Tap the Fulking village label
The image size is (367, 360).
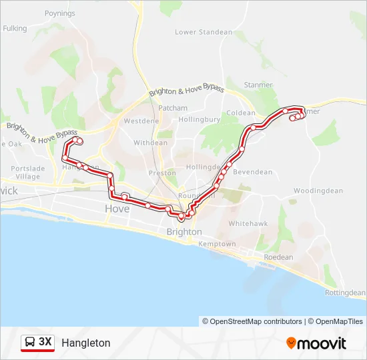[x=15, y=29]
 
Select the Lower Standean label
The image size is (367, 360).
[x=204, y=32]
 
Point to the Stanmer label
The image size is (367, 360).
[x=258, y=85]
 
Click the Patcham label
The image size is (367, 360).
[x=173, y=108]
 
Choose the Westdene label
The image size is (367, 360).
[x=141, y=121]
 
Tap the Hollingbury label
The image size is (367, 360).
[x=199, y=120]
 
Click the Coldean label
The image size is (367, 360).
[x=241, y=113]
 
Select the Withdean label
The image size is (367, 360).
[x=151, y=143]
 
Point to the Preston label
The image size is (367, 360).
[x=162, y=173]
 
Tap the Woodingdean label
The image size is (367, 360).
[x=318, y=191]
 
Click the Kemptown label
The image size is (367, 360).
[x=218, y=244]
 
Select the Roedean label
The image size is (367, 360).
[x=278, y=257]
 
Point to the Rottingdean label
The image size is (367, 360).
[x=344, y=293]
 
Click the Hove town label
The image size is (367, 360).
[x=117, y=209]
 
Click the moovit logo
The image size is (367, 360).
[x=316, y=343]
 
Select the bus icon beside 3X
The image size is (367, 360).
[x=30, y=343]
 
